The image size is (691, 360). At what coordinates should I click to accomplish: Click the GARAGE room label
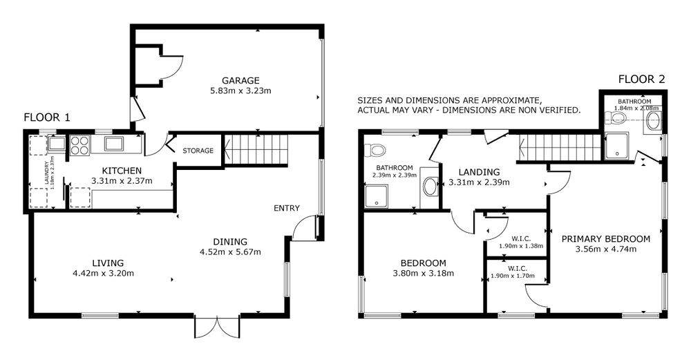click(240, 81)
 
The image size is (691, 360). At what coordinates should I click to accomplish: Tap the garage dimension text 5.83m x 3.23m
click(240, 91)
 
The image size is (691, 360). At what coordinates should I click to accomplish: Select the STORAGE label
click(198, 151)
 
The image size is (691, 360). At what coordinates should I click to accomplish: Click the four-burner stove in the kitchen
click(79, 145)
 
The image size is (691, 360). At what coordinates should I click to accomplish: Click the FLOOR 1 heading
click(47, 117)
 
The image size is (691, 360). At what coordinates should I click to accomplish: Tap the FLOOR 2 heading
click(641, 79)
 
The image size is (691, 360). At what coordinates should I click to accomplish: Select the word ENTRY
click(287, 208)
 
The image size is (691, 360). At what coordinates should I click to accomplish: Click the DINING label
click(230, 241)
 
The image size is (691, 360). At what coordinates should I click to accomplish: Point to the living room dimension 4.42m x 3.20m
click(103, 273)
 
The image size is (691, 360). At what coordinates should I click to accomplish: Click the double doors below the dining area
click(217, 327)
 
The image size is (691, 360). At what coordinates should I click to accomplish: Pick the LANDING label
click(479, 172)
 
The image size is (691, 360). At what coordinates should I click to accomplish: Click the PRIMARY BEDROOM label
click(605, 239)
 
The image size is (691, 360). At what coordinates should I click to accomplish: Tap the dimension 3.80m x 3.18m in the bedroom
click(423, 273)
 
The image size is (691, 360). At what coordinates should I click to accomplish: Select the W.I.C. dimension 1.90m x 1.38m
click(521, 246)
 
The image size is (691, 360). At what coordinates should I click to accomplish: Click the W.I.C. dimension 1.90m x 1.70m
click(513, 276)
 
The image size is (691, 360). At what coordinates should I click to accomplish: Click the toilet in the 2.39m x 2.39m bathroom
click(377, 150)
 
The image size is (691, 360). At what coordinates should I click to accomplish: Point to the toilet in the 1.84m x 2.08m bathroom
click(616, 117)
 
